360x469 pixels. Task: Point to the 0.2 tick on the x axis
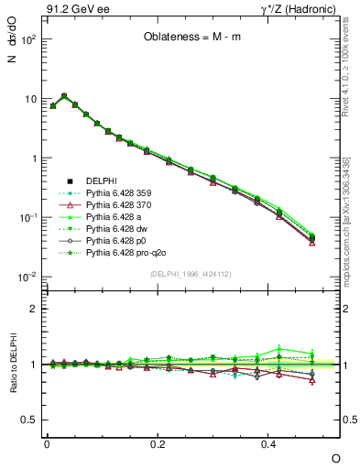158,443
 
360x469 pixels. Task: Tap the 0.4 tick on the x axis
268,443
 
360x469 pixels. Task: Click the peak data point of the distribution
63,95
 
